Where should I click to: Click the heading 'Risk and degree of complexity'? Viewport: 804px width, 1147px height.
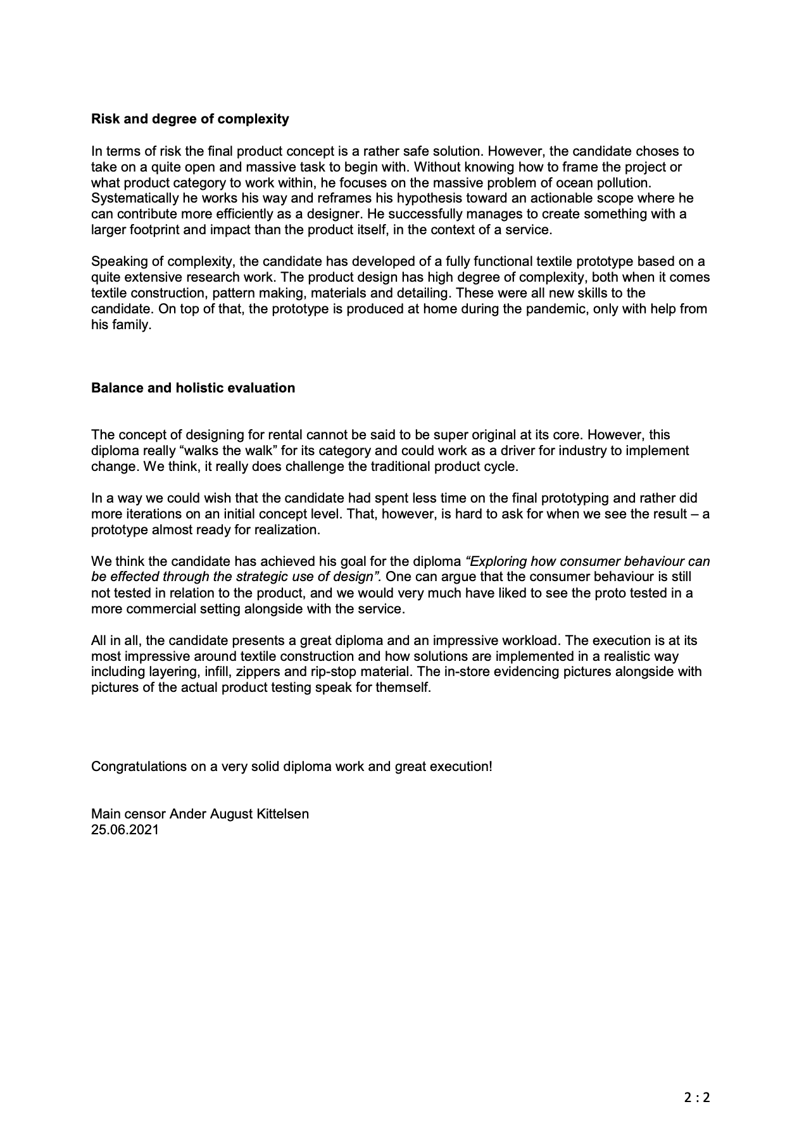190,119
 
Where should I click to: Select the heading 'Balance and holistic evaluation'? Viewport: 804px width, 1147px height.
193,388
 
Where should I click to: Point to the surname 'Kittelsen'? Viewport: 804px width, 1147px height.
282,814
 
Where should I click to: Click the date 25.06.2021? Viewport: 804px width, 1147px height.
125,830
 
